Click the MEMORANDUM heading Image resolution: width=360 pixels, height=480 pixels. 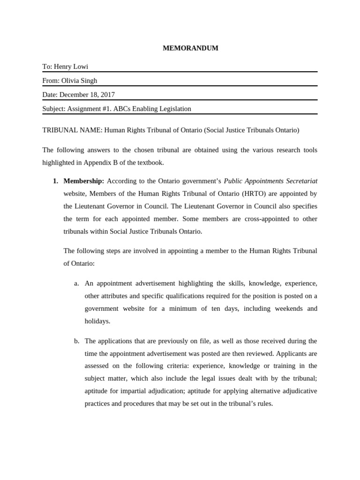[190, 48]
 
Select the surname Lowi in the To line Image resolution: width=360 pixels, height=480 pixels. [80, 67]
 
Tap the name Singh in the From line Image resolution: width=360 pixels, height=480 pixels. [89, 81]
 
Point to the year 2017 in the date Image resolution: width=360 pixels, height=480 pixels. [107, 95]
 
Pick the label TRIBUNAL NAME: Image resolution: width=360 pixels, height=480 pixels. [72, 130]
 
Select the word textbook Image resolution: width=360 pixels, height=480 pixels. [150, 162]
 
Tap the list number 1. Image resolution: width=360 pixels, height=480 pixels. [55, 181]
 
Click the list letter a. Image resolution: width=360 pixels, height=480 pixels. [76, 283]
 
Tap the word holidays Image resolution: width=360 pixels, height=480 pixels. [97, 321]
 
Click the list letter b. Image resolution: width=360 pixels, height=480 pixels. [76, 341]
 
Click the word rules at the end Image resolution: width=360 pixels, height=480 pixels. [264, 403]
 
